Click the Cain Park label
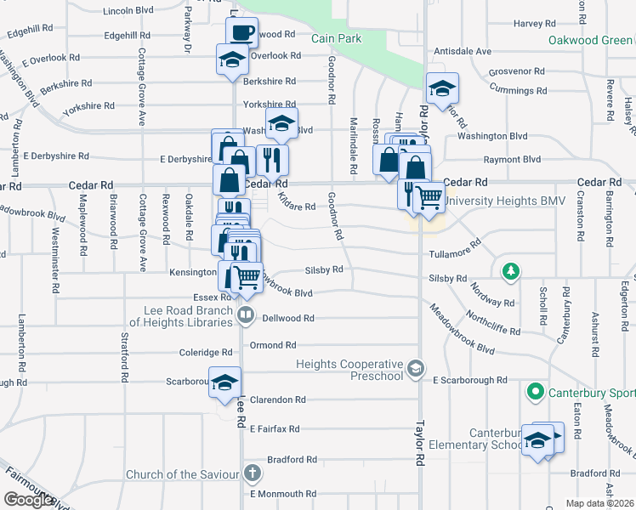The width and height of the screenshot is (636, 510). point(336,38)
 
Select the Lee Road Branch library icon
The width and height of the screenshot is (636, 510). point(246,316)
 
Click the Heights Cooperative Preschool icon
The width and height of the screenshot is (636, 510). point(415,367)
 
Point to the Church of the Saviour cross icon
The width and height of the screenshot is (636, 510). point(252,473)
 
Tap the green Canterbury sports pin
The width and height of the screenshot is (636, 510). point(535,392)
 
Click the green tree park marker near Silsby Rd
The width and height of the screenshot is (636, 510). point(510,272)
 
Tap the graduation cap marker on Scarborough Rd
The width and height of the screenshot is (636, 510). point(225,382)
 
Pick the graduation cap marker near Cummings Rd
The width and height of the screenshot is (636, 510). point(441,89)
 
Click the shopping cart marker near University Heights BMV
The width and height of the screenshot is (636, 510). point(429,197)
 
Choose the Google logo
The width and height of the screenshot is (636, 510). point(28,501)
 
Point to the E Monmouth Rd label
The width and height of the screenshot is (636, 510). point(282,494)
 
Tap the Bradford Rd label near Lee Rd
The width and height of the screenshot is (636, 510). point(292,460)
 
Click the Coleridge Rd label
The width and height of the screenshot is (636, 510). point(205,353)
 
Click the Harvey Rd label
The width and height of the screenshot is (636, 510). point(534,24)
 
